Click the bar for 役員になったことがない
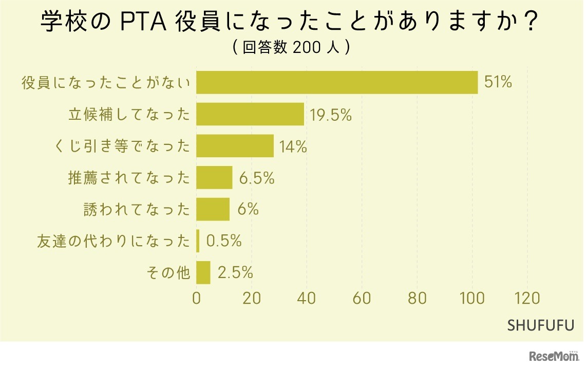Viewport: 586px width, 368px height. pos(337,83)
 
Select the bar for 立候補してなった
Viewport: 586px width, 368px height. pos(250,115)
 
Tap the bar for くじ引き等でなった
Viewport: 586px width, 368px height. pos(235,146)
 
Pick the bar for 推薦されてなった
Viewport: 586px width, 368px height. pos(214,178)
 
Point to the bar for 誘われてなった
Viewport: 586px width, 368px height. pos(213,209)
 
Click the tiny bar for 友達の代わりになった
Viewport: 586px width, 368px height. pos(198,241)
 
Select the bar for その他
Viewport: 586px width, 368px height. pos(203,272)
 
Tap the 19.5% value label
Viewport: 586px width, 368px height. pos(330,115)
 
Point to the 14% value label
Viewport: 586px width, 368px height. pos(293,147)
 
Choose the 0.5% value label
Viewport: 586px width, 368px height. pos(223,241)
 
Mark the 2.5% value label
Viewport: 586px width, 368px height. pos(235,273)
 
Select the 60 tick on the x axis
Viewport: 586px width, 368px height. pos(362,299)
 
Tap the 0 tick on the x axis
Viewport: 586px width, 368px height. pos(197,299)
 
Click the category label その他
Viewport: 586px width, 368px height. pos(175,273)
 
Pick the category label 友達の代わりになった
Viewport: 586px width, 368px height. pos(114,241)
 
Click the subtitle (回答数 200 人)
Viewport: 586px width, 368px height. pos(291,48)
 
